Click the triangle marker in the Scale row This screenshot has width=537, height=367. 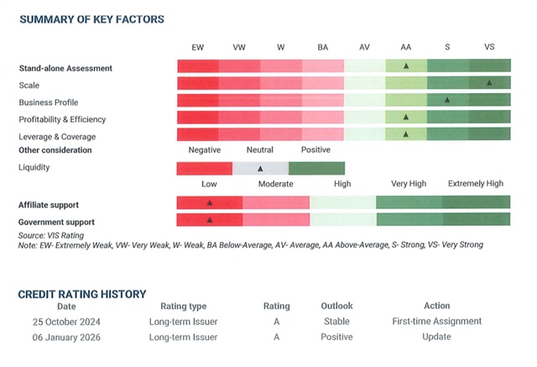click(488, 82)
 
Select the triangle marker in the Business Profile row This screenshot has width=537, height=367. click(447, 100)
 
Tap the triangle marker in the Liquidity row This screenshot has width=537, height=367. click(260, 169)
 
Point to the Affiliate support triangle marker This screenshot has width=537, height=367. click(210, 202)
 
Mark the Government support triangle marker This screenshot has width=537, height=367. click(210, 220)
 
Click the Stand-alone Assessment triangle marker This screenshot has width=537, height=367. click(406, 66)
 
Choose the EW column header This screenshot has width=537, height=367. click(197, 47)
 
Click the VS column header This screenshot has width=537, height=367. click(489, 47)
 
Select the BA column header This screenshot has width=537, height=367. click(322, 47)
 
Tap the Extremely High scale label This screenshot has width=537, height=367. click(475, 184)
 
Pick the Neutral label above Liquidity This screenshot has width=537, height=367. click(259, 151)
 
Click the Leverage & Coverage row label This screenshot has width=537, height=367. click(57, 136)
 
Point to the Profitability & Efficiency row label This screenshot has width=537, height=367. click(62, 119)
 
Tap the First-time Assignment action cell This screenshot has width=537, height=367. click(436, 321)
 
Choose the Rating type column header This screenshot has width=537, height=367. click(177, 306)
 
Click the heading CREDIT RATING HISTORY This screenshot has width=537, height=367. click(82, 294)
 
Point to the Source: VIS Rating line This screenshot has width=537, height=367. click(51, 236)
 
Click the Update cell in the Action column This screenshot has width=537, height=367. click(436, 337)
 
